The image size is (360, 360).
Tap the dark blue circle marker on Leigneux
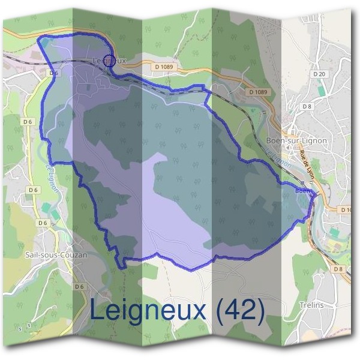tap(109, 59)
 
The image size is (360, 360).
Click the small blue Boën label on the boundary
tap(303, 191)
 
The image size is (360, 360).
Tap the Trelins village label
tap(311, 305)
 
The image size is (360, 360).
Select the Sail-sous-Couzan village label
tap(56, 254)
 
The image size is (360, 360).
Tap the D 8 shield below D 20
tap(307, 106)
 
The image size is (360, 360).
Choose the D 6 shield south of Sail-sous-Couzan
tap(79, 287)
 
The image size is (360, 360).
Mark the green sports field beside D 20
tap(322, 90)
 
